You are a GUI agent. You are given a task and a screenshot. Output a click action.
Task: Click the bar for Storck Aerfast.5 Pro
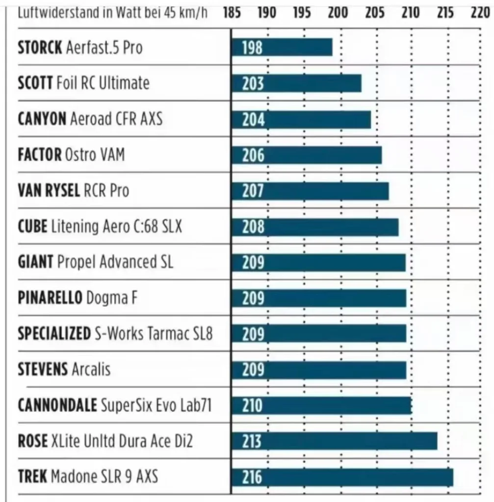pyautogui.click(x=282, y=48)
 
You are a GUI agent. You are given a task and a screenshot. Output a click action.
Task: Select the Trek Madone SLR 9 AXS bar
pyautogui.click(x=342, y=477)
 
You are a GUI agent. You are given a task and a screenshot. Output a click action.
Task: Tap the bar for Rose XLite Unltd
pyautogui.click(x=335, y=441)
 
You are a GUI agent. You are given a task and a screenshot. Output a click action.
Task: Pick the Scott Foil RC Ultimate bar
pyautogui.click(x=297, y=83)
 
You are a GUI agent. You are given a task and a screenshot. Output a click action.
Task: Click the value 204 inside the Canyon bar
pyautogui.click(x=253, y=119)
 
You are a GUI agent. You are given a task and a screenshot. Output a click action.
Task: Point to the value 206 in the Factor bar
pyautogui.click(x=253, y=155)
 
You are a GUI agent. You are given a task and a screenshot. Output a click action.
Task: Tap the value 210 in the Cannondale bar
pyautogui.click(x=253, y=405)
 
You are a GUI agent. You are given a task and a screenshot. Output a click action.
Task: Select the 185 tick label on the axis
pyautogui.click(x=232, y=13)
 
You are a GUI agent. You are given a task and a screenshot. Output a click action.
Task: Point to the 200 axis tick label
pyautogui.click(x=338, y=13)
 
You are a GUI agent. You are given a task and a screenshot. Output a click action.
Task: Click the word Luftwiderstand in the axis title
pyautogui.click(x=52, y=13)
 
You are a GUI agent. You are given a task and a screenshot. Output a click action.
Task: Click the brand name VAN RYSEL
pyautogui.click(x=49, y=190)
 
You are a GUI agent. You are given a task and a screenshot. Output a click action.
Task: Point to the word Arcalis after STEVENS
pyautogui.click(x=91, y=369)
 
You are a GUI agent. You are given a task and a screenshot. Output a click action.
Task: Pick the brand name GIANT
pyautogui.click(x=35, y=262)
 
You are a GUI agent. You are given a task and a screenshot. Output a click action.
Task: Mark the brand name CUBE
pyautogui.click(x=32, y=226)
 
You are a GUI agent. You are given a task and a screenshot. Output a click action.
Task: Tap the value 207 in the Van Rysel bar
pyautogui.click(x=253, y=191)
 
